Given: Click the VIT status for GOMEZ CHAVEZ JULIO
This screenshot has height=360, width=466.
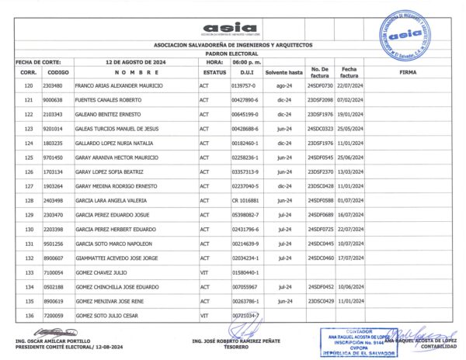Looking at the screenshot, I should pyautogui.click(x=204, y=272).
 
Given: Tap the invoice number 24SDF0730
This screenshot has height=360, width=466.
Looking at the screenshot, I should pyautogui.click(x=320, y=85).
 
